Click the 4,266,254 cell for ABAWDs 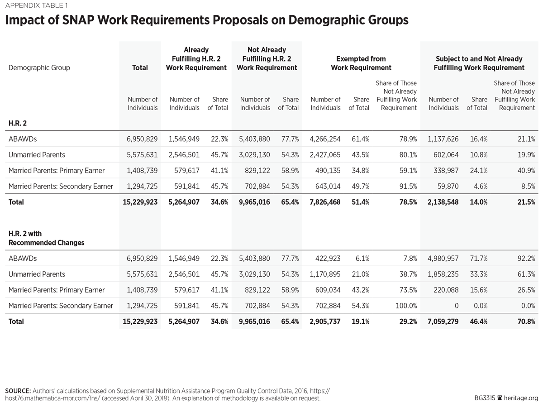coord(325,139)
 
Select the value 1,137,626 coord(443,139)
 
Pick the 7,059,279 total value coord(443,321)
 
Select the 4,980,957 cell coord(443,259)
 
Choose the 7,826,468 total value coord(325,202)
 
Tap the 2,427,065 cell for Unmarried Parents coord(325,155)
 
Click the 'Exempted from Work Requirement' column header coord(361,63)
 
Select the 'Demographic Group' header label coord(39,67)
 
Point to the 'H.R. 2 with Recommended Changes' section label coord(46,238)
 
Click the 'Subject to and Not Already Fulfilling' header coord(479,63)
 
